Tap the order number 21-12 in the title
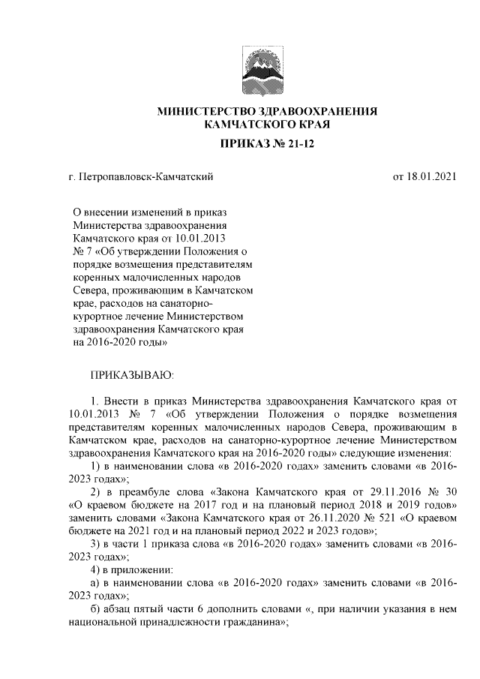coord(298,143)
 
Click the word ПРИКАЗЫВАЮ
coord(131,374)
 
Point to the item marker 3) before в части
coord(96,543)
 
